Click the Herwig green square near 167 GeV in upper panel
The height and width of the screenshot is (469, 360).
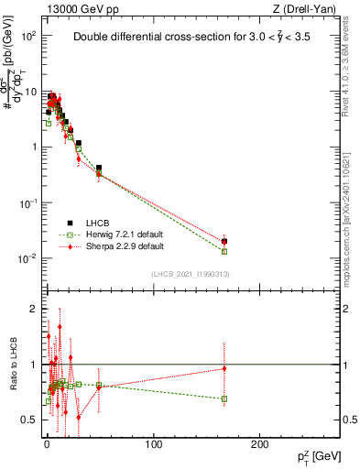(x=224, y=251)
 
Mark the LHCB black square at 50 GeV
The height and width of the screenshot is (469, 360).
(x=99, y=169)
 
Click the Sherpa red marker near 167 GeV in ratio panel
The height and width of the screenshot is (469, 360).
(x=224, y=369)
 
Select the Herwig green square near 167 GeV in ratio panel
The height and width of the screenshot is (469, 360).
(x=224, y=398)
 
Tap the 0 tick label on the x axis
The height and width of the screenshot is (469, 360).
(x=47, y=444)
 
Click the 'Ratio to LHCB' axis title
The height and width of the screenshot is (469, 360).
(x=12, y=365)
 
